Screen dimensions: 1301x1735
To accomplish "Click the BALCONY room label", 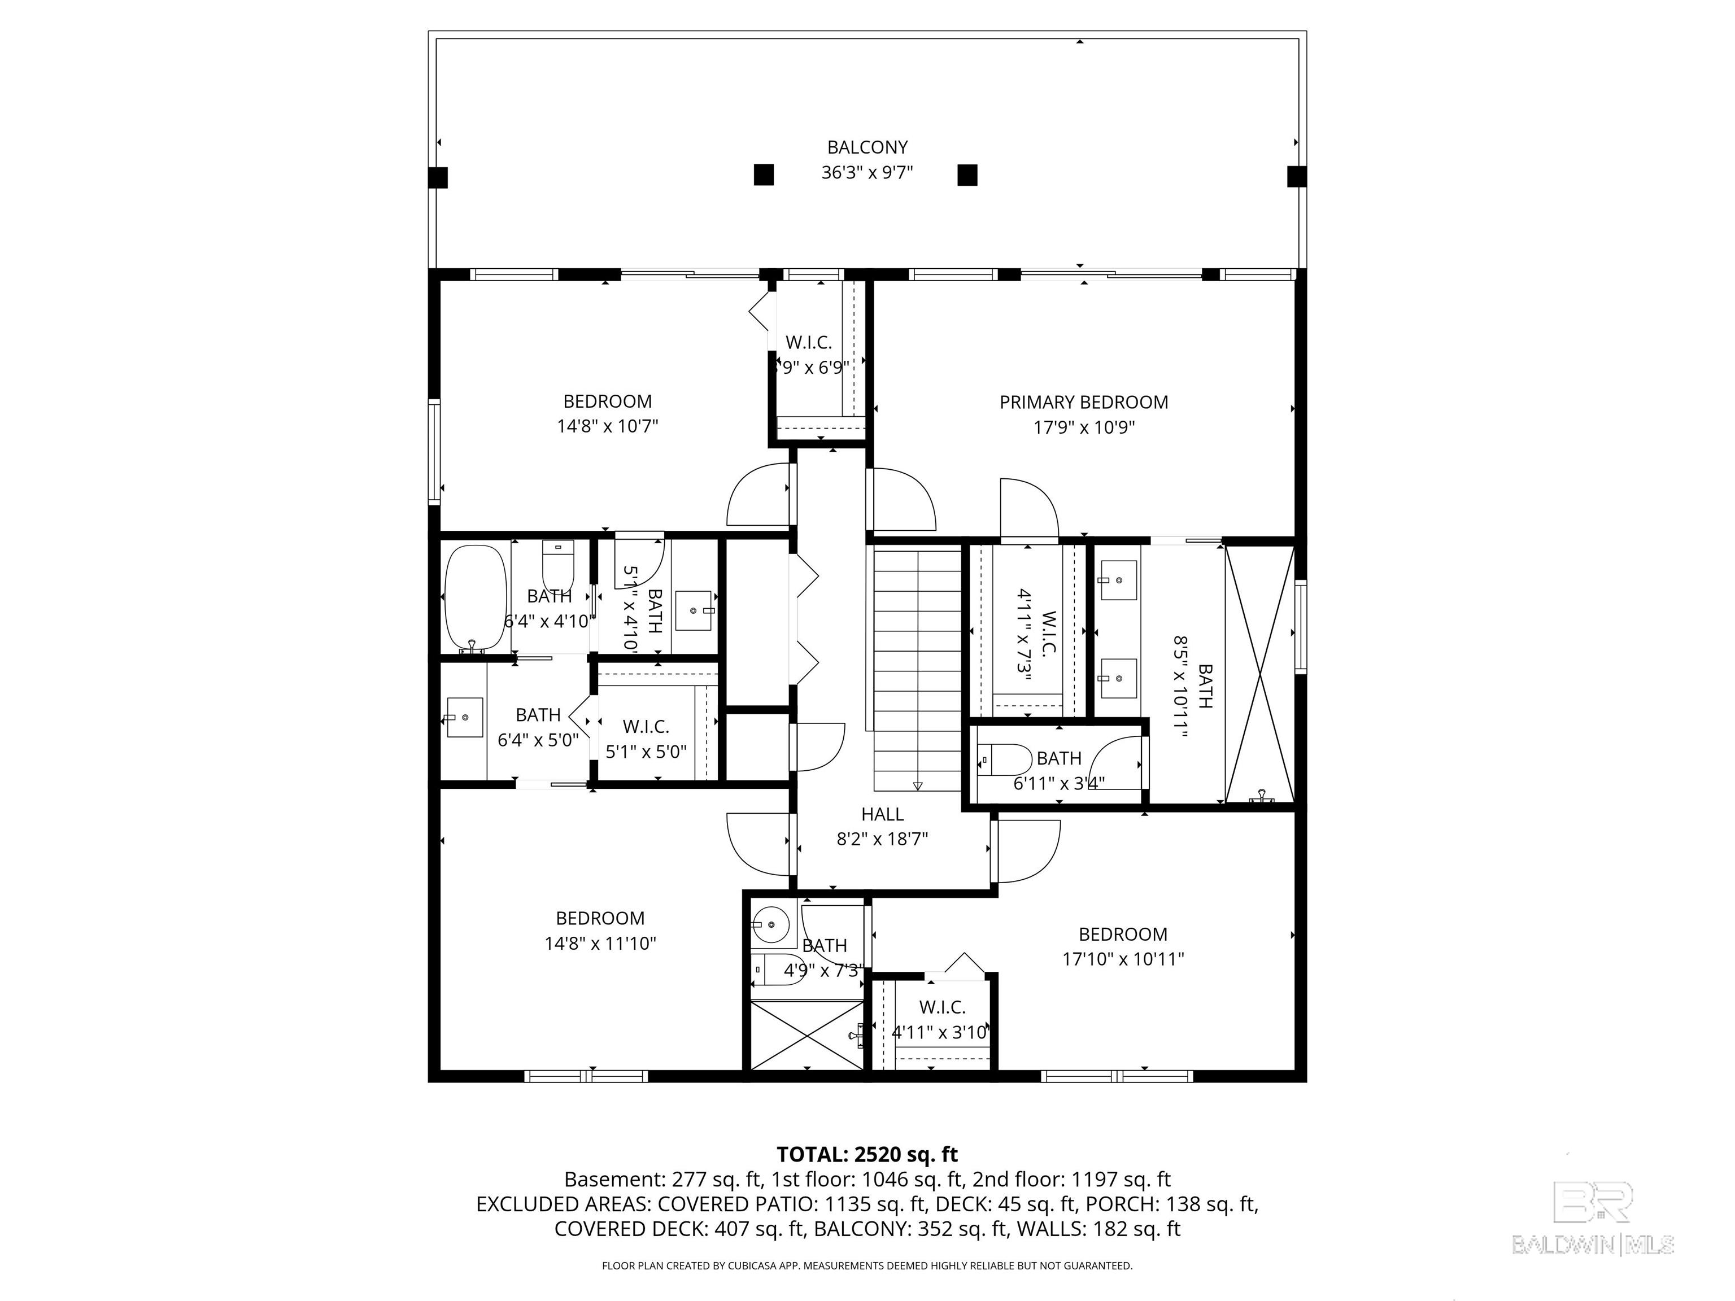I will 867,147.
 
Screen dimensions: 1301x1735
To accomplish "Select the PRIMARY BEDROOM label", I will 1083,402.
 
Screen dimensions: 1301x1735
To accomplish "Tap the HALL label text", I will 882,814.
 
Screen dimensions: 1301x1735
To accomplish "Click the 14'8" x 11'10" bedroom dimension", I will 600,942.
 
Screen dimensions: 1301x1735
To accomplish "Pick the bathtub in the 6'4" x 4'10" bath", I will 476,597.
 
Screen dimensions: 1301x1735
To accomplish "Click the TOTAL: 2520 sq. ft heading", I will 867,1154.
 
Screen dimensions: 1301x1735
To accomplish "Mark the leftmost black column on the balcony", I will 438,178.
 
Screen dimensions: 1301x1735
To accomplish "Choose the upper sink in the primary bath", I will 1118,579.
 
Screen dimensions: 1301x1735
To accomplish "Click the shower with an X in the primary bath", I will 1259,673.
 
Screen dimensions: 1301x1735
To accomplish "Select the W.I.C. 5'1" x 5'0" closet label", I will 646,739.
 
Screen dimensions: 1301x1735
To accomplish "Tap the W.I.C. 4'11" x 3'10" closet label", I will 941,1019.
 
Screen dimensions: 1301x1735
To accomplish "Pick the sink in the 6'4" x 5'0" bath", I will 464,717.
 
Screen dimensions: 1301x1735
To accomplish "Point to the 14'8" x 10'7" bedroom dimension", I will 607,426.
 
